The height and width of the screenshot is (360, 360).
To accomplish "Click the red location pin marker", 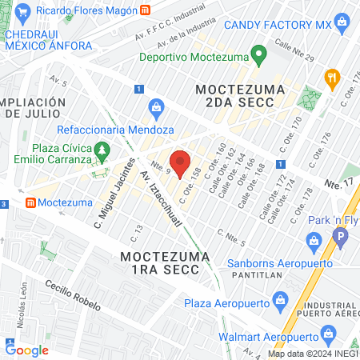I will click(x=181, y=161).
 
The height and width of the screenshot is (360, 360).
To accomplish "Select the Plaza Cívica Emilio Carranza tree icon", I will click(x=101, y=150).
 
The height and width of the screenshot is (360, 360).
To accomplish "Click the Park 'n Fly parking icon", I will click(x=341, y=237).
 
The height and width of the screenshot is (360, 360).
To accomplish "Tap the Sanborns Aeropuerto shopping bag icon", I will click(x=315, y=240).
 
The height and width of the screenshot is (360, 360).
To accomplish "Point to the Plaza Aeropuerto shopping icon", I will click(x=279, y=301).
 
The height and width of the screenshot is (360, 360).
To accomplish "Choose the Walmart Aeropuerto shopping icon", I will click(x=325, y=334).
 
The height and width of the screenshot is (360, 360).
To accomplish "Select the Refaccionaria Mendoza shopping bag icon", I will click(x=157, y=106).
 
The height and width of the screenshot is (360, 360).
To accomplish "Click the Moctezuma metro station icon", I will click(x=30, y=202).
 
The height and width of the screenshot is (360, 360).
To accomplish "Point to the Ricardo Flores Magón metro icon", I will click(x=145, y=10).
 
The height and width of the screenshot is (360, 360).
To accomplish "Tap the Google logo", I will click(x=26, y=350).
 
